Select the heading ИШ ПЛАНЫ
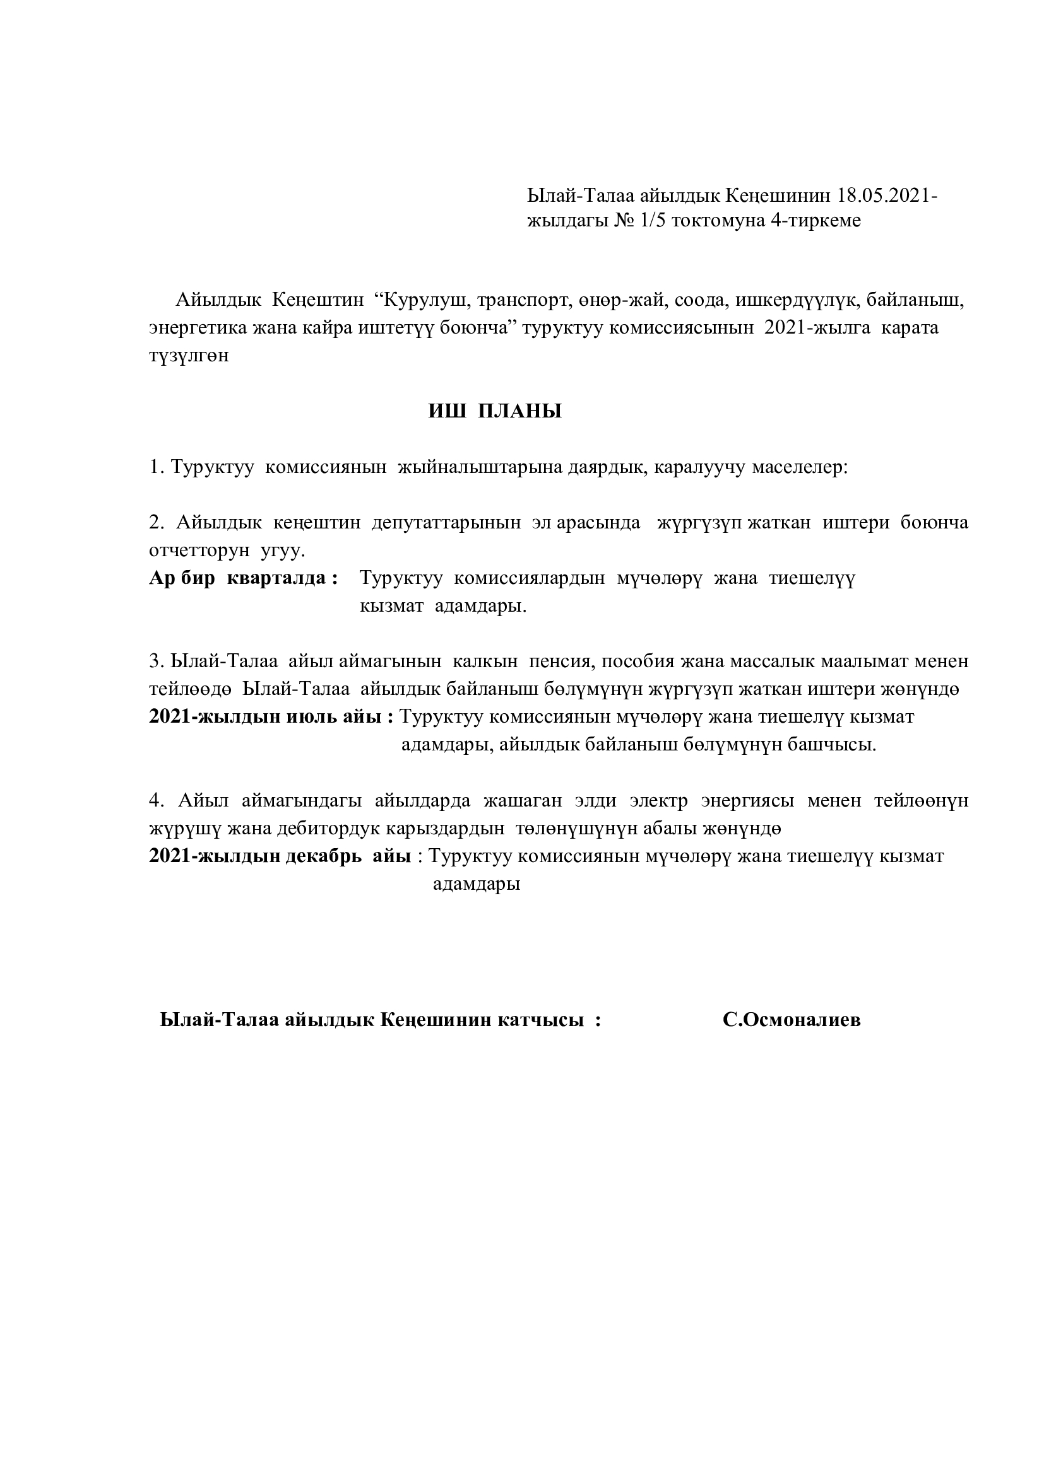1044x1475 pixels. tap(495, 411)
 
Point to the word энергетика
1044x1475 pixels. tap(197, 328)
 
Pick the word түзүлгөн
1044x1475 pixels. tap(189, 356)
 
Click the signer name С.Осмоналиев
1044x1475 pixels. tap(792, 1020)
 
